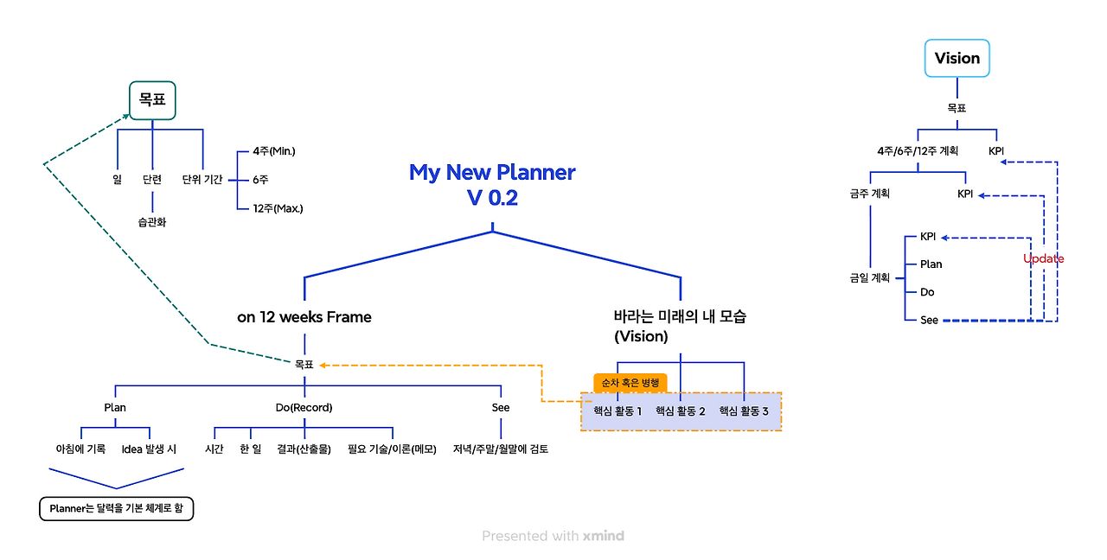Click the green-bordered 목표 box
click(152, 100)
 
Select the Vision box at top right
click(957, 59)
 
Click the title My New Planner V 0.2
click(492, 184)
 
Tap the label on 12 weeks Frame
click(304, 317)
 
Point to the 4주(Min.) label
click(274, 151)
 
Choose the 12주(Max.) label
click(278, 208)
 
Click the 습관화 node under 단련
click(152, 222)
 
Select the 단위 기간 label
click(202, 180)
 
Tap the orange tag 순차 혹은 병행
click(630, 383)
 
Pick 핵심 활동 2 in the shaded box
click(681, 411)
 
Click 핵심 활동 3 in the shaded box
click(744, 411)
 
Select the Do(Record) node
click(304, 407)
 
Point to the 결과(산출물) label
click(304, 449)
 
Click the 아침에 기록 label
click(80, 449)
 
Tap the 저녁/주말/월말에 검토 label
click(501, 449)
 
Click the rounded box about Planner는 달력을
click(117, 509)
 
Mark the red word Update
click(1043, 259)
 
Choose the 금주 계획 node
click(869, 194)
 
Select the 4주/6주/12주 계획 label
click(918, 150)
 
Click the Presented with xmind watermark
click(553, 536)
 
